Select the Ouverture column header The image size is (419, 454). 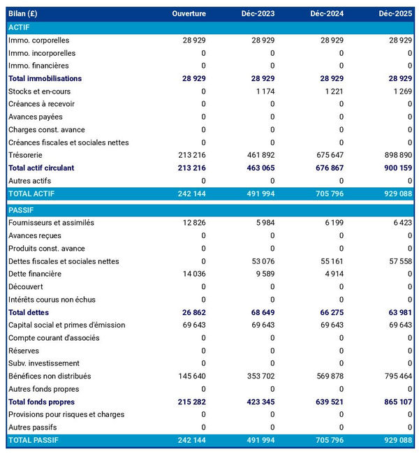pos(189,14)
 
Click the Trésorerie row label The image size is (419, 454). pos(27,155)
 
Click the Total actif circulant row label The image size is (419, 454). pos(41,168)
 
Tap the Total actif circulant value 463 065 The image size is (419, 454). pos(259,168)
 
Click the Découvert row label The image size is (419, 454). pos(25,286)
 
